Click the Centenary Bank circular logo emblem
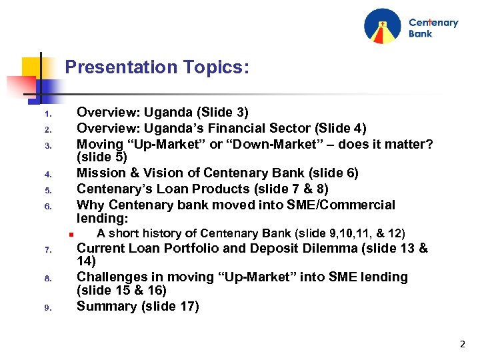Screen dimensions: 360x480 tap(383, 27)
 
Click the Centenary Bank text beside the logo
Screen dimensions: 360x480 tap(433, 28)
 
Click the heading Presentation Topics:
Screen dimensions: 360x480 tap(157, 67)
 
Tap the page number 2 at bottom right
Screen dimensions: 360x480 tap(462, 345)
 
